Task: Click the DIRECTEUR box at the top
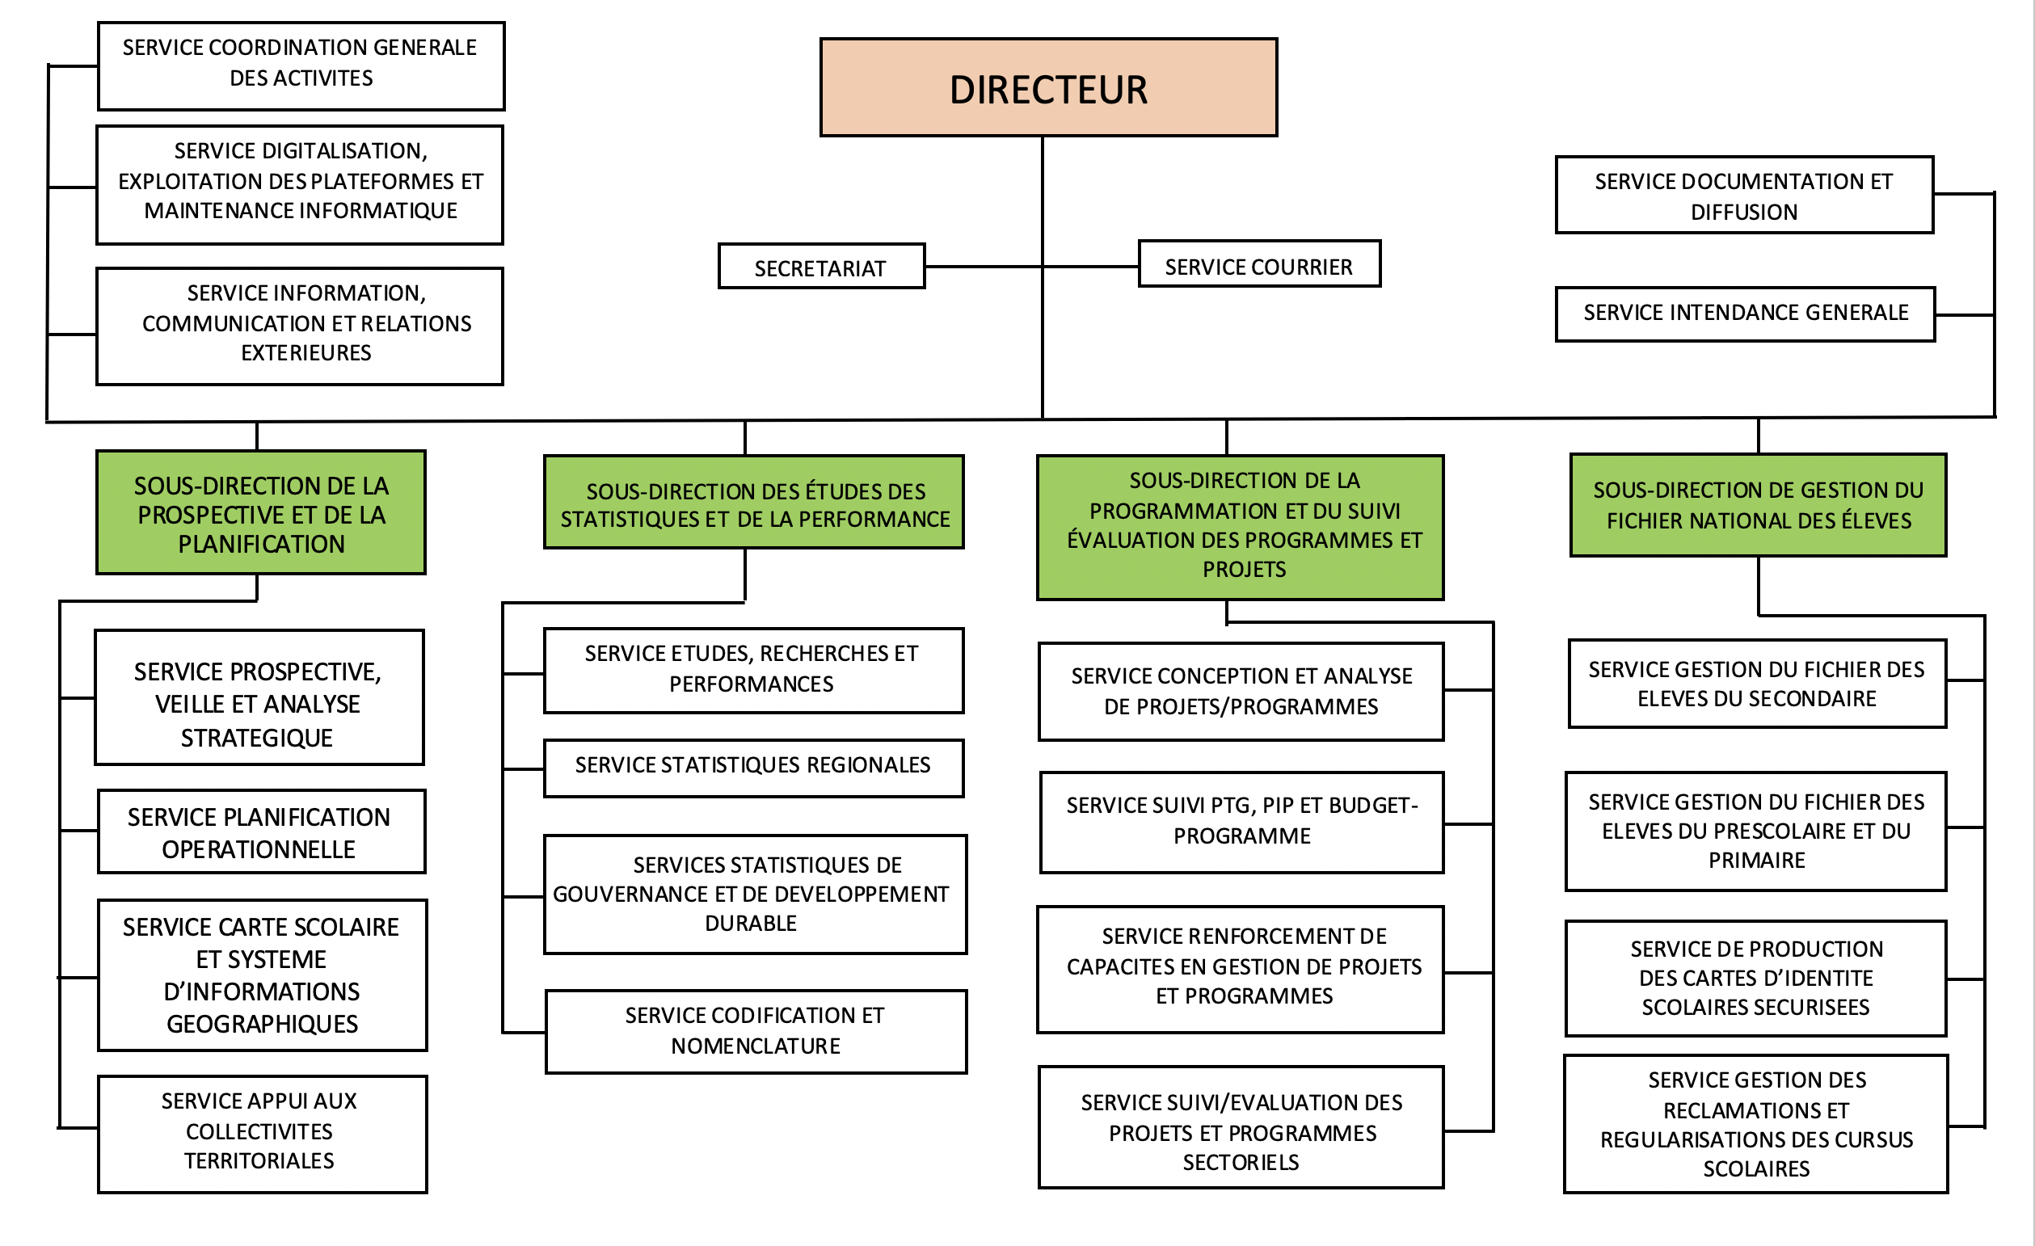pyautogui.click(x=1048, y=87)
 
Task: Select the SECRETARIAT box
pyautogui.click(x=821, y=267)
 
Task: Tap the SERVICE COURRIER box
pyautogui.click(x=1258, y=265)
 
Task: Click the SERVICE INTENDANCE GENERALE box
pyautogui.click(x=1745, y=313)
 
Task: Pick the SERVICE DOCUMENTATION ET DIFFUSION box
pyautogui.click(x=1743, y=196)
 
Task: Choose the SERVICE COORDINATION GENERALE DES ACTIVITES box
pyautogui.click(x=301, y=65)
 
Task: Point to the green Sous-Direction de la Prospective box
pyautogui.click(x=261, y=513)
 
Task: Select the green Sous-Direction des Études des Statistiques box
pyautogui.click(x=753, y=503)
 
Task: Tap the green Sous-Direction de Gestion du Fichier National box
pyautogui.click(x=1758, y=504)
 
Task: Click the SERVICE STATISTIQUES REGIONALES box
pyautogui.click(x=752, y=767)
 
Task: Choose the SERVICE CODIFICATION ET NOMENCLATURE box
pyautogui.click(x=755, y=1031)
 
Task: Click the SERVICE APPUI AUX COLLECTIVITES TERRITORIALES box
pyautogui.click(x=262, y=1132)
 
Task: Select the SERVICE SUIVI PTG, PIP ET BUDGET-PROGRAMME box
pyautogui.click(x=1241, y=822)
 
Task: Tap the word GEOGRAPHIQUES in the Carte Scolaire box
pyautogui.click(x=262, y=1024)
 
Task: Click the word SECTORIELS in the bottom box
pyautogui.click(x=1241, y=1162)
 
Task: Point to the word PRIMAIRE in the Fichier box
pyautogui.click(x=1756, y=861)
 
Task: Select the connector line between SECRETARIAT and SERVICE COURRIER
pyautogui.click(x=1032, y=267)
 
